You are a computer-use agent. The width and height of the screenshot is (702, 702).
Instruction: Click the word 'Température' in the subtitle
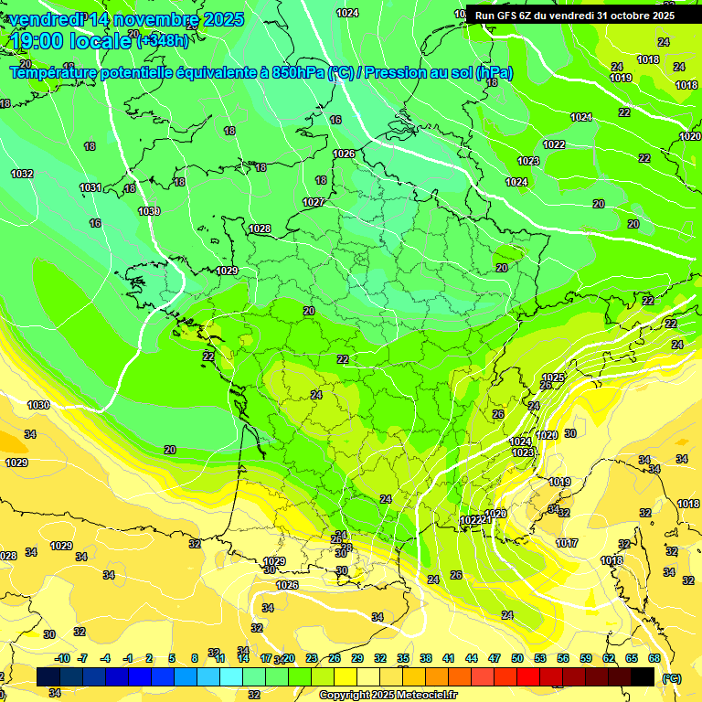58,72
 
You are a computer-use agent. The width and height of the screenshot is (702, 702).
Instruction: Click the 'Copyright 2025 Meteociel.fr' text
387,695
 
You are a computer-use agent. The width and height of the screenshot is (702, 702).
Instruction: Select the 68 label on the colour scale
654,658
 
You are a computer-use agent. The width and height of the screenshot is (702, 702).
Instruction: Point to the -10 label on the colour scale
62,658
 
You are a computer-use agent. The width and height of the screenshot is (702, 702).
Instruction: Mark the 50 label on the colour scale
517,658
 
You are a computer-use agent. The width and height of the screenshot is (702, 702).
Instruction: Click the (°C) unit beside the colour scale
672,678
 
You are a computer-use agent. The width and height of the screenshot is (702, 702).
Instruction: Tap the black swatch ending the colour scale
643,676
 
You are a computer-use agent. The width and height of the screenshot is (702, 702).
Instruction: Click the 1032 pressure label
22,174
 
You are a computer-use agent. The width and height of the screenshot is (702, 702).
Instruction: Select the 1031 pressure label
90,187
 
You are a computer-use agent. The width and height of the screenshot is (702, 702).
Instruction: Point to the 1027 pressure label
314,202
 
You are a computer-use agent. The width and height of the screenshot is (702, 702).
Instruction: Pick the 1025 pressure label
553,378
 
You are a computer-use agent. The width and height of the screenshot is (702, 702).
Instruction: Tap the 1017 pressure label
567,543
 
